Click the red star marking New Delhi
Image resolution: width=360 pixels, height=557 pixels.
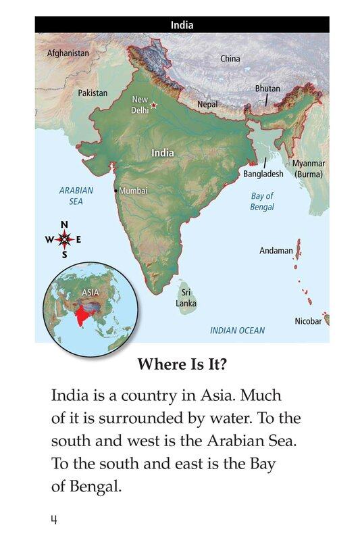(x=153, y=105)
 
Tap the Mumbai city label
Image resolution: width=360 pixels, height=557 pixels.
(x=133, y=191)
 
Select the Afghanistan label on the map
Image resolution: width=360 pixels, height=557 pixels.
(x=68, y=53)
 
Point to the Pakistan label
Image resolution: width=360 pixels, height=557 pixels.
(x=93, y=93)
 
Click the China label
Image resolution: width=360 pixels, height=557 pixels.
(x=230, y=59)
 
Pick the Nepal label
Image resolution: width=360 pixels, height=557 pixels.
(x=207, y=105)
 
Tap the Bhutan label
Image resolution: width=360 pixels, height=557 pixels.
(x=267, y=89)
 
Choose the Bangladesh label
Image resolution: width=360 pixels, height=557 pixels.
(x=263, y=174)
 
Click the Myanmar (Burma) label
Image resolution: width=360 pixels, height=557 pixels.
(x=309, y=168)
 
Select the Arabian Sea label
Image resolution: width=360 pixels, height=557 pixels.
(x=76, y=196)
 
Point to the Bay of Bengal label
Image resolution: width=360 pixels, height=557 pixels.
(x=262, y=201)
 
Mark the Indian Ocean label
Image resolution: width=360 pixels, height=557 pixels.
(x=237, y=331)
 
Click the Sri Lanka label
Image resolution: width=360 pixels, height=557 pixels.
(x=186, y=298)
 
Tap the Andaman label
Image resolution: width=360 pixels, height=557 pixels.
(x=276, y=251)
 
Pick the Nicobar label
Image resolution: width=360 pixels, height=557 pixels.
(x=308, y=321)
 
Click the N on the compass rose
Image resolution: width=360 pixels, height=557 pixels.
(x=64, y=225)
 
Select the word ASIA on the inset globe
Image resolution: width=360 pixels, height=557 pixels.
(x=90, y=293)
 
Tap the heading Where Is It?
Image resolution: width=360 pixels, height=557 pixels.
(x=182, y=364)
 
